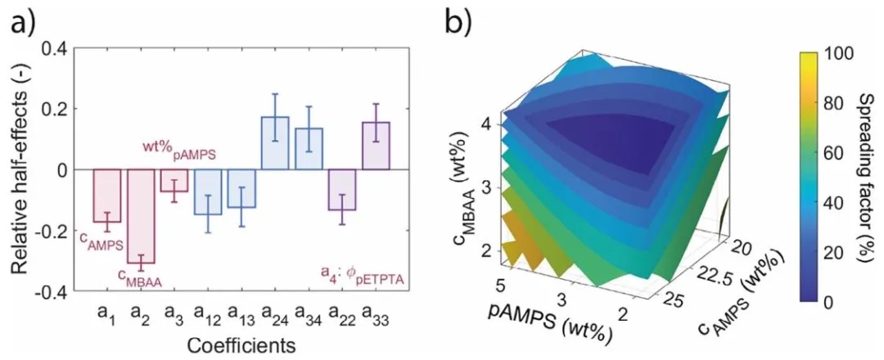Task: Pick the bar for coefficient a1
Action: (x=106, y=196)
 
